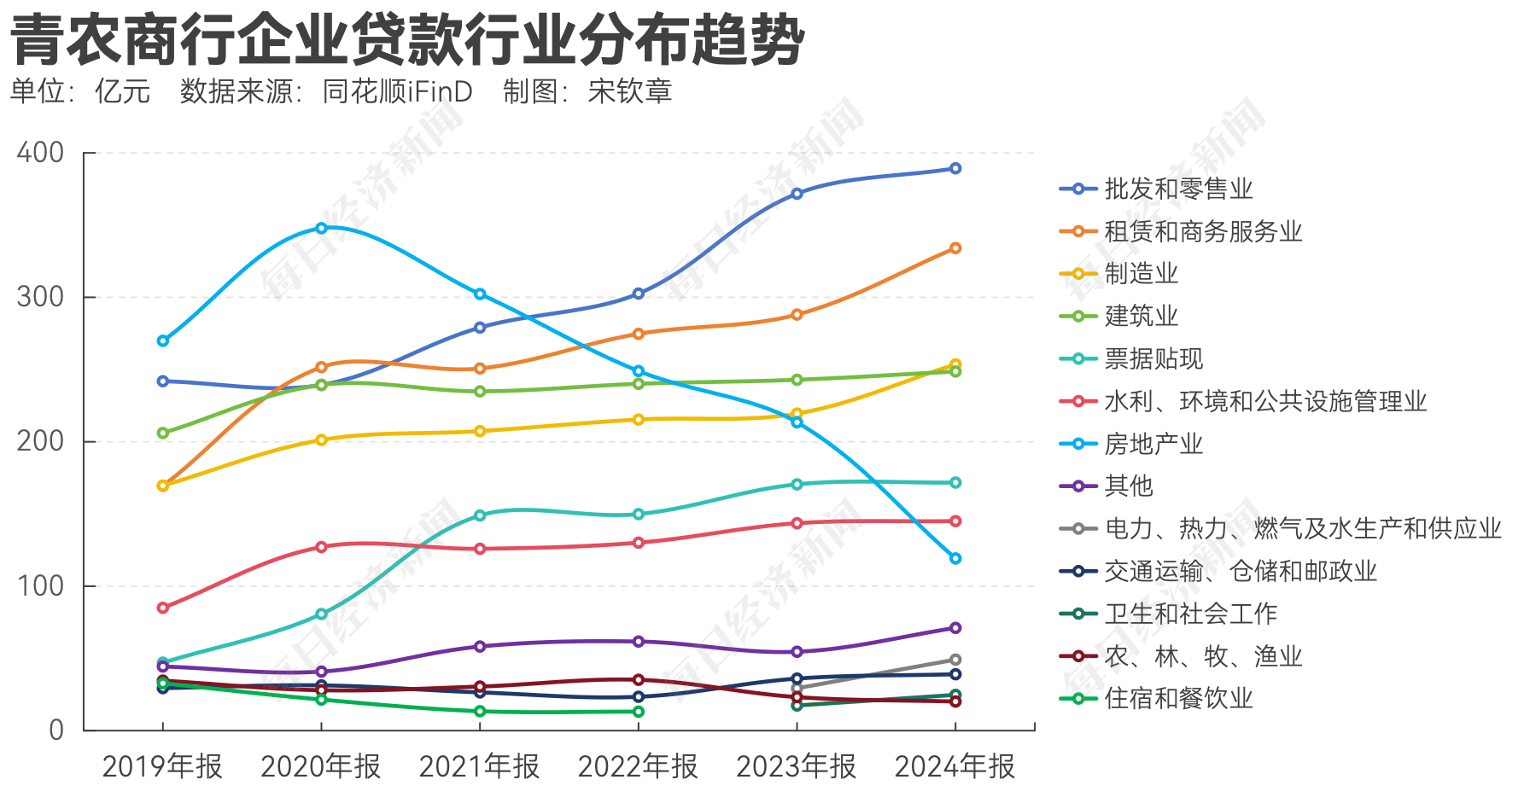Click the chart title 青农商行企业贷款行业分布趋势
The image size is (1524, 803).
(408, 40)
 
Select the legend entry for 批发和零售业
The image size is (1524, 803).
(1178, 189)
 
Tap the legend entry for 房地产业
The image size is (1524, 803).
(1153, 444)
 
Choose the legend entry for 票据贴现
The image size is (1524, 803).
(1153, 358)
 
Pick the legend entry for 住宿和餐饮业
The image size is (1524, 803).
(1178, 699)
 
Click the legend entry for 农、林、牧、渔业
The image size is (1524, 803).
(1202, 656)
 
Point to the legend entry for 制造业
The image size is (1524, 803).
(1141, 274)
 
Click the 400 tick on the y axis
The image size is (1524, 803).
(41, 153)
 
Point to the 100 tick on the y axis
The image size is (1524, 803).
(41, 586)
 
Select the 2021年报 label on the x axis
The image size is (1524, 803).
(479, 766)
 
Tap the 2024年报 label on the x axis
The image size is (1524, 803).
(955, 766)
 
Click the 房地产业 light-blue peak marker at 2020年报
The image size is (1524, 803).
(322, 228)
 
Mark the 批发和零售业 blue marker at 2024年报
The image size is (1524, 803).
(955, 169)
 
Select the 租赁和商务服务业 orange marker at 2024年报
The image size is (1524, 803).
(955, 248)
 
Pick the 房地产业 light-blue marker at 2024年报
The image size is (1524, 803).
(955, 558)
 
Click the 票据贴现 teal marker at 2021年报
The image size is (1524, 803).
(480, 515)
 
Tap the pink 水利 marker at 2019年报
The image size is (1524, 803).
(163, 608)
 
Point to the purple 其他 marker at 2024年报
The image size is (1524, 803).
(955, 628)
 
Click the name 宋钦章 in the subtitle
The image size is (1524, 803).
(630, 91)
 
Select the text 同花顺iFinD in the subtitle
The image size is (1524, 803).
(398, 91)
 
